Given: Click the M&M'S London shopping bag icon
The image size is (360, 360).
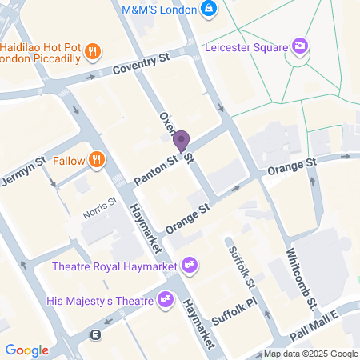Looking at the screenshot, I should point(209,8).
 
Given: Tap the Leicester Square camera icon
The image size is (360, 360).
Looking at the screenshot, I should point(300,46).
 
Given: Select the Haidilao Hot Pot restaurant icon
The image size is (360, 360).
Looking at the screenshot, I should point(94,53).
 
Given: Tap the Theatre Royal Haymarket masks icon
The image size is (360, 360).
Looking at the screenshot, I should point(190,263).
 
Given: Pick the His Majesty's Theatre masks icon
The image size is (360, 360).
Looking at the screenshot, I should point(166,299).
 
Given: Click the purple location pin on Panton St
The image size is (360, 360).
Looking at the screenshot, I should point(181,142).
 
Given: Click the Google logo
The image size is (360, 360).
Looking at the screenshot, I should point(26,350).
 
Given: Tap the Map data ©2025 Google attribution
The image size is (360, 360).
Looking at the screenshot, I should point(311,354).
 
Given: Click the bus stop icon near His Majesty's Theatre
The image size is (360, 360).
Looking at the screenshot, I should point(95,334).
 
